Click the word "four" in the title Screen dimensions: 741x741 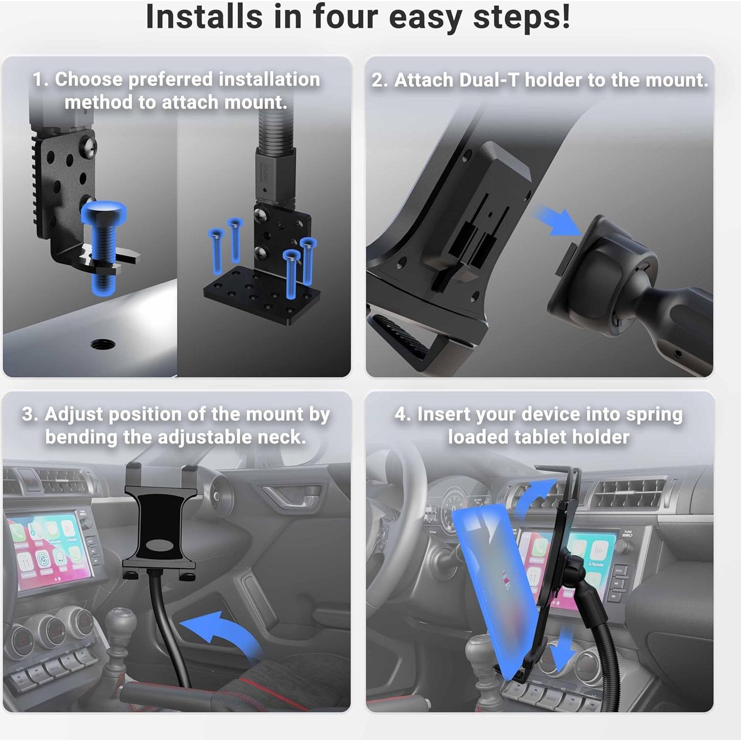345,17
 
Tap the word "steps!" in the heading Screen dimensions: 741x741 522,18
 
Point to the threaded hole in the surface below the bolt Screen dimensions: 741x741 103,343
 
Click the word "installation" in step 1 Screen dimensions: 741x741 269,79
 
